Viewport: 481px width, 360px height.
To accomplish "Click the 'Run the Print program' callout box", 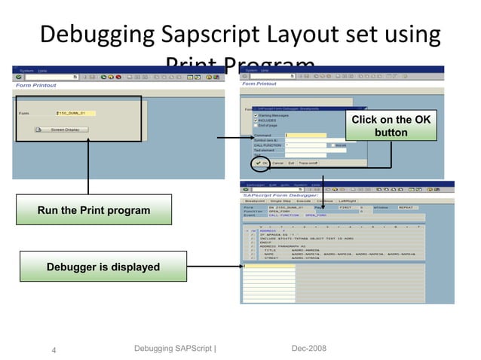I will tap(94, 210).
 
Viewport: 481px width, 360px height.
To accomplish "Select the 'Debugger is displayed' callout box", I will tap(103, 267).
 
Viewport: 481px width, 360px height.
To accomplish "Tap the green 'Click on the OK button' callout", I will tap(391, 127).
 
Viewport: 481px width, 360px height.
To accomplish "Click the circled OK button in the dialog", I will tap(262, 163).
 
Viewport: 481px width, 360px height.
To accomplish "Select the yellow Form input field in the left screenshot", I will tap(76, 113).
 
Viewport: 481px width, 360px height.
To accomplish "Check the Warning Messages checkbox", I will tap(255, 114).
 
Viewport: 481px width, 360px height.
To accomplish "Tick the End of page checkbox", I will tap(255, 125).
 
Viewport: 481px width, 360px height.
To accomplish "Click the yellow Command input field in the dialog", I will tap(305, 136).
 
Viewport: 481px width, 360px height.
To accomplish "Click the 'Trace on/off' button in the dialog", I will tap(308, 163).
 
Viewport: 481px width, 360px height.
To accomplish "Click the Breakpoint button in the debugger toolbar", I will tap(254, 201).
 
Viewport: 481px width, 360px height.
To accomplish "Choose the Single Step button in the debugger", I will tap(280, 201).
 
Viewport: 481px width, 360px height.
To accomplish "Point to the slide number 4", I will tap(54, 350).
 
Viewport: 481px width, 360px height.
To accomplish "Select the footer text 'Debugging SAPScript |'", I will tap(174, 348).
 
